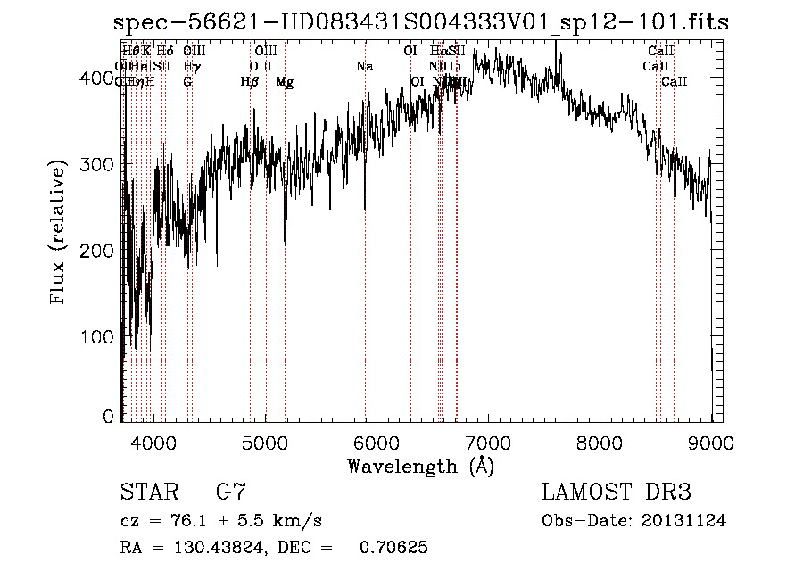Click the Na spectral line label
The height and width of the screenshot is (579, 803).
coord(364,66)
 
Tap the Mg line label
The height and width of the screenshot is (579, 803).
coord(285,82)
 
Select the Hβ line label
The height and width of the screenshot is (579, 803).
coord(250,82)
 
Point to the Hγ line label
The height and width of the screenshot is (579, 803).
coord(190,66)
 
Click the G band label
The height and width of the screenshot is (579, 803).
coord(187,82)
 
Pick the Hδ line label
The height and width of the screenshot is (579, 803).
coord(165,52)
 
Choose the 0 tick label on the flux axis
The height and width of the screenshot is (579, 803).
coord(109,416)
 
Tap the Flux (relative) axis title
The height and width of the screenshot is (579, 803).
coord(60,234)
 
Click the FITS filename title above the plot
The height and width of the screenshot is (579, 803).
coord(420,22)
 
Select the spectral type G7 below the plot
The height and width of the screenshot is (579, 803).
coord(231,492)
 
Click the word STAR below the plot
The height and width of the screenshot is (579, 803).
coord(148,492)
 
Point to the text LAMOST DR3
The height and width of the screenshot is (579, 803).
coord(616,492)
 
